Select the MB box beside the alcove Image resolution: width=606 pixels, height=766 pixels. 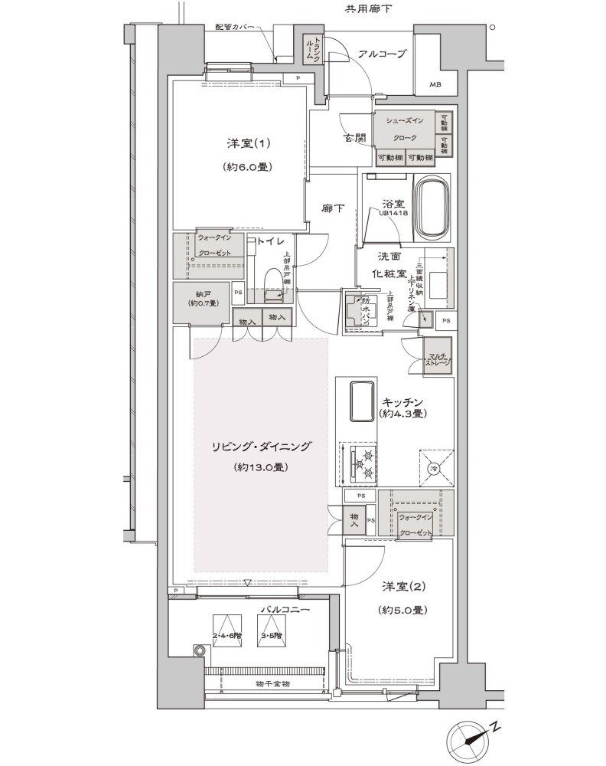coord(434,84)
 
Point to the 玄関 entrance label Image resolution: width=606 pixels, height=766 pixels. coord(353,138)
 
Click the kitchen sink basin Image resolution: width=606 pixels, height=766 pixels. coord(360,401)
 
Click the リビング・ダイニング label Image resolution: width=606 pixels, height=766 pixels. coord(261,445)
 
